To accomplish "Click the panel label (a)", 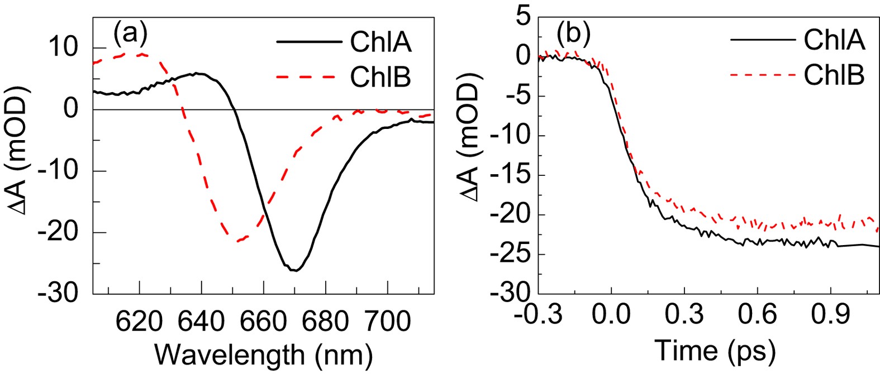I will pyautogui.click(x=130, y=35).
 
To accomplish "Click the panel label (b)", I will pyautogui.click(x=573, y=35).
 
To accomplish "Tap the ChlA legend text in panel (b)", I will pyautogui.click(x=834, y=40).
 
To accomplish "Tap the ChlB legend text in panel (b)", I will pyautogui.click(x=834, y=74).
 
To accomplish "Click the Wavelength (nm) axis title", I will pyautogui.click(x=263, y=353).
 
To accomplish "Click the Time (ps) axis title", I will pyautogui.click(x=715, y=351).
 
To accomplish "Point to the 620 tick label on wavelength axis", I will pyautogui.click(x=140, y=322).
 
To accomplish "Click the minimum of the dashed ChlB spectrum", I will pyautogui.click(x=239, y=241).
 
